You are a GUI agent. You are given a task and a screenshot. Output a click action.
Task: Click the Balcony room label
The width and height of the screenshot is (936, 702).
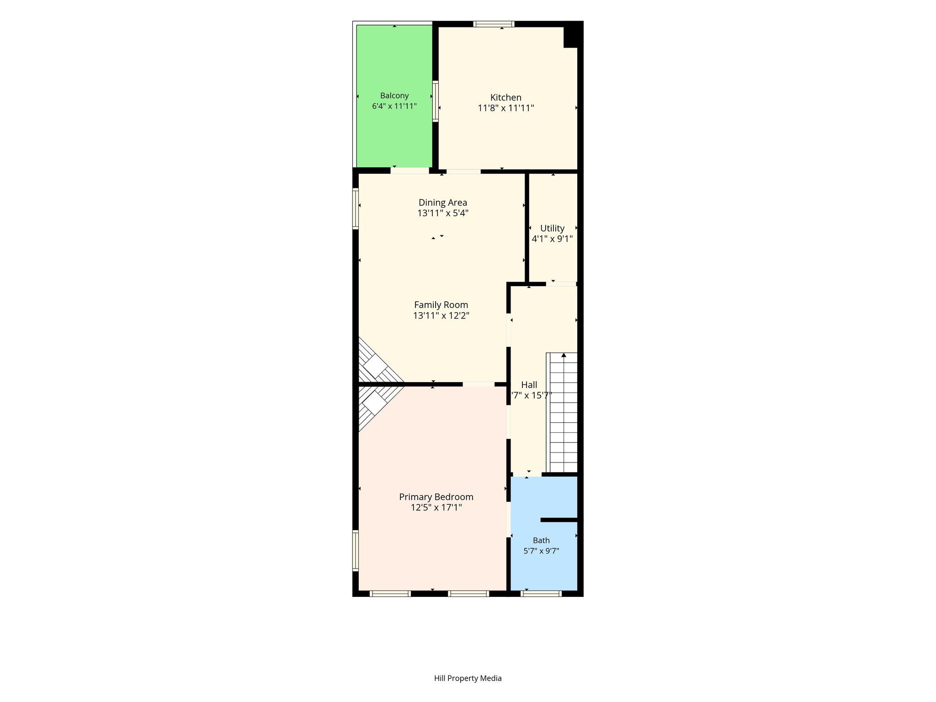click(x=394, y=96)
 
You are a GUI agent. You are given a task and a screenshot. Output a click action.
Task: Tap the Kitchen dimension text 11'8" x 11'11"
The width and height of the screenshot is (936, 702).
click(x=506, y=108)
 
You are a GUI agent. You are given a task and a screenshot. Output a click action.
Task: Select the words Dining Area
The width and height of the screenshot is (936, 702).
click(x=443, y=202)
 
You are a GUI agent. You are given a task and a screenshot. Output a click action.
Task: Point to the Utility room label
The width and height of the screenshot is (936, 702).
click(x=552, y=228)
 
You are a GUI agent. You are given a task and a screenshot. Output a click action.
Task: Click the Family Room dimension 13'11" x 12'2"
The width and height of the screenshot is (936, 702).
click(x=441, y=315)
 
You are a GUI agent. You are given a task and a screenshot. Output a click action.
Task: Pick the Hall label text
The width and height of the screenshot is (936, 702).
click(x=529, y=385)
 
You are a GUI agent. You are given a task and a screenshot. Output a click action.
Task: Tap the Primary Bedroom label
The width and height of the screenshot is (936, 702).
click(x=436, y=497)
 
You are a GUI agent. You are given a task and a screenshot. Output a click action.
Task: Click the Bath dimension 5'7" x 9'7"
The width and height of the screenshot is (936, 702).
click(x=541, y=551)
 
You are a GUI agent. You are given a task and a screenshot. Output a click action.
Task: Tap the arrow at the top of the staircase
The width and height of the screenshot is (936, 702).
click(x=564, y=355)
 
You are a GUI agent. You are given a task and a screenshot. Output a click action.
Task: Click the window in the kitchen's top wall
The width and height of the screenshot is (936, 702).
click(x=494, y=24)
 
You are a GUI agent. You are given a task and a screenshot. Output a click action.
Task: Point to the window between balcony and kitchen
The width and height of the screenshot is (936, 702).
click(x=436, y=101)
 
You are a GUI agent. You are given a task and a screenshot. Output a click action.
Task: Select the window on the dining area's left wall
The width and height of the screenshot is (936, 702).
click(x=355, y=208)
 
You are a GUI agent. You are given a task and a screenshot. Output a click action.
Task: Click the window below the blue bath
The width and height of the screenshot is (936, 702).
click(x=541, y=594)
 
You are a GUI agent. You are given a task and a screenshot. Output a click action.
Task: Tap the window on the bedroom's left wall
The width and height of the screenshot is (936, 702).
click(x=355, y=550)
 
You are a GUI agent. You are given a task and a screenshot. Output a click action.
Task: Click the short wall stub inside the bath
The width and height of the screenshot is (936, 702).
click(x=559, y=520)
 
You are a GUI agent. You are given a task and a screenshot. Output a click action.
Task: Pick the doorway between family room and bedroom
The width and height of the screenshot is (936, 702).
click(x=478, y=384)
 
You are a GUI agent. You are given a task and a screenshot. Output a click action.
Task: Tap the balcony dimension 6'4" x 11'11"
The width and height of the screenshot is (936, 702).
click(x=394, y=106)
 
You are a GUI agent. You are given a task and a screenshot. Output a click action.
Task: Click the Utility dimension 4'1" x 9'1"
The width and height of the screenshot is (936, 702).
click(x=552, y=239)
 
